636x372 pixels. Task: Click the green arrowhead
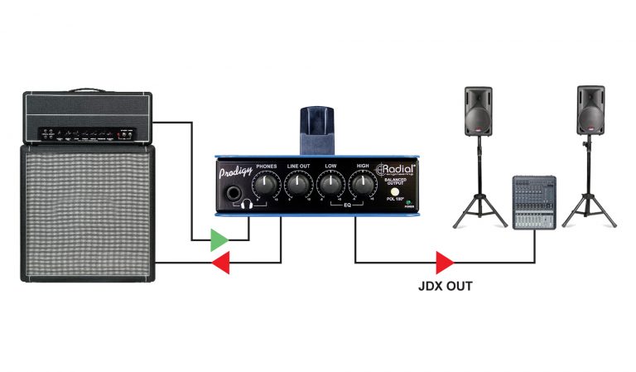pos(218,241)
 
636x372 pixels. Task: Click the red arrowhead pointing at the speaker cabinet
pos(219,263)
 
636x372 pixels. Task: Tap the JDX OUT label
pos(446,289)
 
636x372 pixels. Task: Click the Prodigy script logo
pos(236,175)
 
